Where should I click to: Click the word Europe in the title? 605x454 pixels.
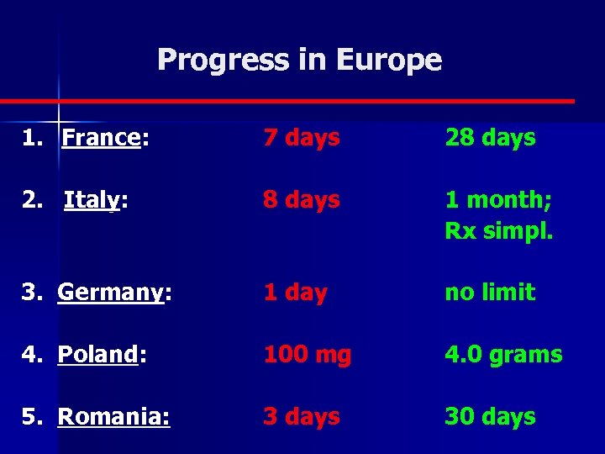pyautogui.click(x=388, y=60)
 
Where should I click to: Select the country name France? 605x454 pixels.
pyautogui.click(x=101, y=138)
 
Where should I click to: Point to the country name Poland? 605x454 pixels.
pyautogui.click(x=97, y=355)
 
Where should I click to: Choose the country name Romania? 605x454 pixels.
pyautogui.click(x=113, y=417)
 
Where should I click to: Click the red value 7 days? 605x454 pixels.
pyautogui.click(x=301, y=138)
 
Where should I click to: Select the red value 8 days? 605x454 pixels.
pyautogui.click(x=301, y=200)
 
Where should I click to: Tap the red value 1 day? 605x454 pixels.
pyautogui.click(x=294, y=293)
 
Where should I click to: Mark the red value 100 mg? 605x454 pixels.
pyautogui.click(x=307, y=355)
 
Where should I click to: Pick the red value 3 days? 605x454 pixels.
pyautogui.click(x=301, y=417)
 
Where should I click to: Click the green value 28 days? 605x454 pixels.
pyautogui.click(x=490, y=138)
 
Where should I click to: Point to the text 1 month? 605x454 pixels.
pyautogui.click(x=498, y=200)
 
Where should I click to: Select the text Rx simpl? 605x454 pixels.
pyautogui.click(x=498, y=231)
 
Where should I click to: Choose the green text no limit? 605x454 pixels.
pyautogui.click(x=490, y=293)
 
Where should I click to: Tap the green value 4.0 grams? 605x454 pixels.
pyautogui.click(x=503, y=355)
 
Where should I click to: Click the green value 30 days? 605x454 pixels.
pyautogui.click(x=490, y=417)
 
